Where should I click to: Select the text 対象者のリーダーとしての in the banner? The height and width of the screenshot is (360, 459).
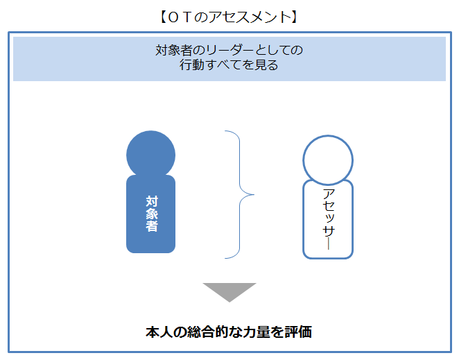[229, 51]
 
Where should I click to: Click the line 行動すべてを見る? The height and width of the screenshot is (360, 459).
[229, 67]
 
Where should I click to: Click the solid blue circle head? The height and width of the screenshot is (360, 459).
[150, 153]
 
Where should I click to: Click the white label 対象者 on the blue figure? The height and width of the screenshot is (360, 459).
[151, 213]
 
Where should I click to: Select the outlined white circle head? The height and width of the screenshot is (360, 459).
[328, 159]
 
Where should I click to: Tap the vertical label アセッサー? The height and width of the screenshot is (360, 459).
[328, 218]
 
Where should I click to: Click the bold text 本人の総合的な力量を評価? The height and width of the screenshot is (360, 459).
[229, 332]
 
